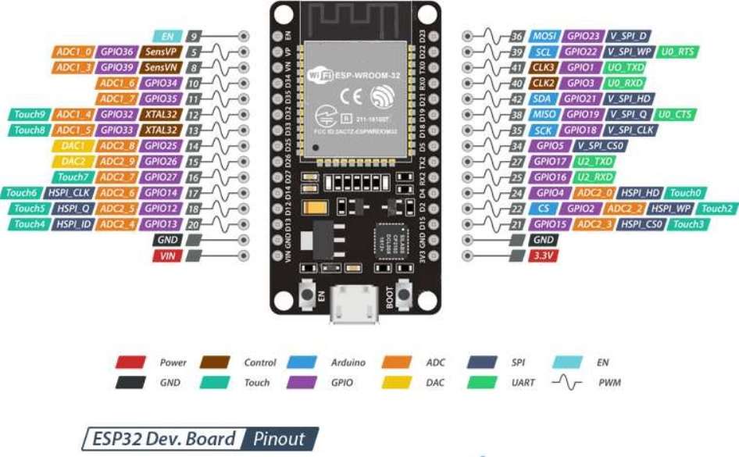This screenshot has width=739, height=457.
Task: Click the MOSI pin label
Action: [544, 36]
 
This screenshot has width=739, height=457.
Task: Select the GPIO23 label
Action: [583, 36]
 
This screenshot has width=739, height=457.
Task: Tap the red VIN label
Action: [167, 255]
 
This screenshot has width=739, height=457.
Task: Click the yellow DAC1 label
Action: [73, 145]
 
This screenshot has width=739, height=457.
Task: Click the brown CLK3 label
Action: [544, 67]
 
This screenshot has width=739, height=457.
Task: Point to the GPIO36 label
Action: [118, 52]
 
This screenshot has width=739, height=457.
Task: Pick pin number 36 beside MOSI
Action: [516, 36]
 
